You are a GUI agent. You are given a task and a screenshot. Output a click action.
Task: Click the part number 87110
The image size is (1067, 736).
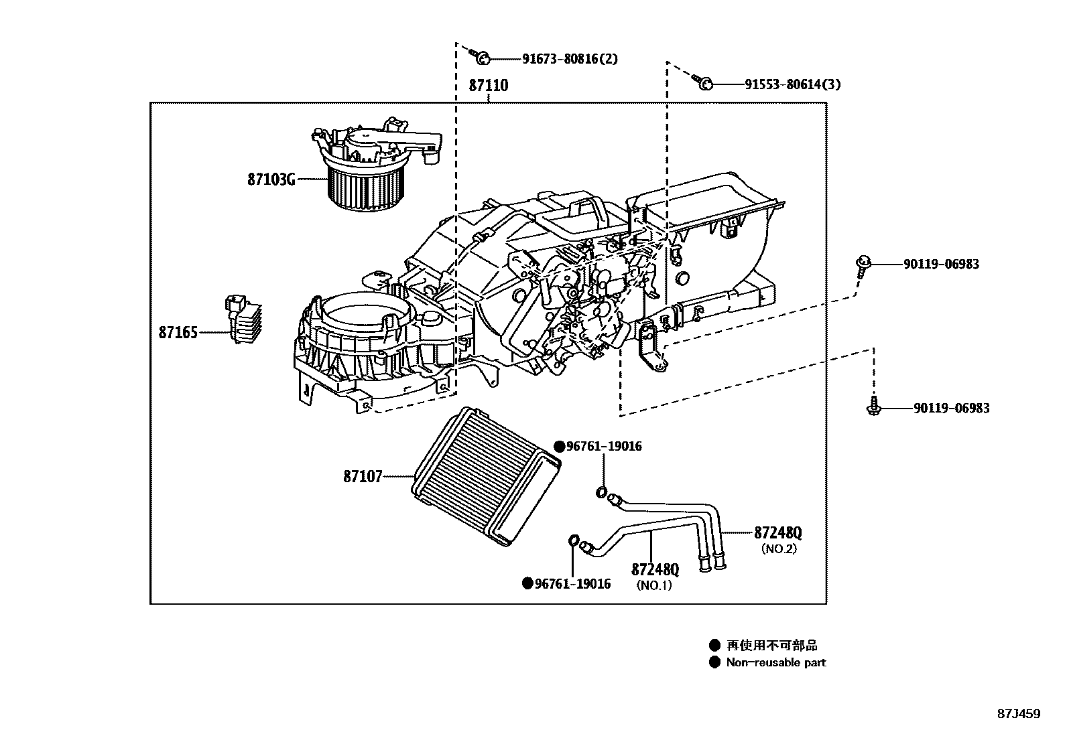coord(488,86)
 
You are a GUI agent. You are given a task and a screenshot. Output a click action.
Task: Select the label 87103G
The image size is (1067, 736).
coord(271,179)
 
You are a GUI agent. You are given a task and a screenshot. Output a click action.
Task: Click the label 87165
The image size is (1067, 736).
coord(178,332)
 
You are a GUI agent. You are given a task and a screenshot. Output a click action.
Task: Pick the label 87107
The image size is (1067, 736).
coord(363,477)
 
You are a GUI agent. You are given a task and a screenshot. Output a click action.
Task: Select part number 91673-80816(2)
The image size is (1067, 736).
coord(570,59)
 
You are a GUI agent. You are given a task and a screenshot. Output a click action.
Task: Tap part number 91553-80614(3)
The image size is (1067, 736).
coord(792,84)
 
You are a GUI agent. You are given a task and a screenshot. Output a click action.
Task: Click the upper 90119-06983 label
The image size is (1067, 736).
coord(940,265)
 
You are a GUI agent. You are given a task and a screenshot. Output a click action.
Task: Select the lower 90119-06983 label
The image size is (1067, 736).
coord(950,409)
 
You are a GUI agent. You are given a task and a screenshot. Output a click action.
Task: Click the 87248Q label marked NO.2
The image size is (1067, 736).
coord(777,533)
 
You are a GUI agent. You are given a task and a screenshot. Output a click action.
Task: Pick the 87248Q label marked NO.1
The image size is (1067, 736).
coord(655,570)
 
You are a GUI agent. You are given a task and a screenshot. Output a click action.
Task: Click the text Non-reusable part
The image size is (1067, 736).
coord(775,662)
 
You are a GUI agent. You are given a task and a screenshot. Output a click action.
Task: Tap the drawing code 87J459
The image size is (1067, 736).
coord(1018,714)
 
